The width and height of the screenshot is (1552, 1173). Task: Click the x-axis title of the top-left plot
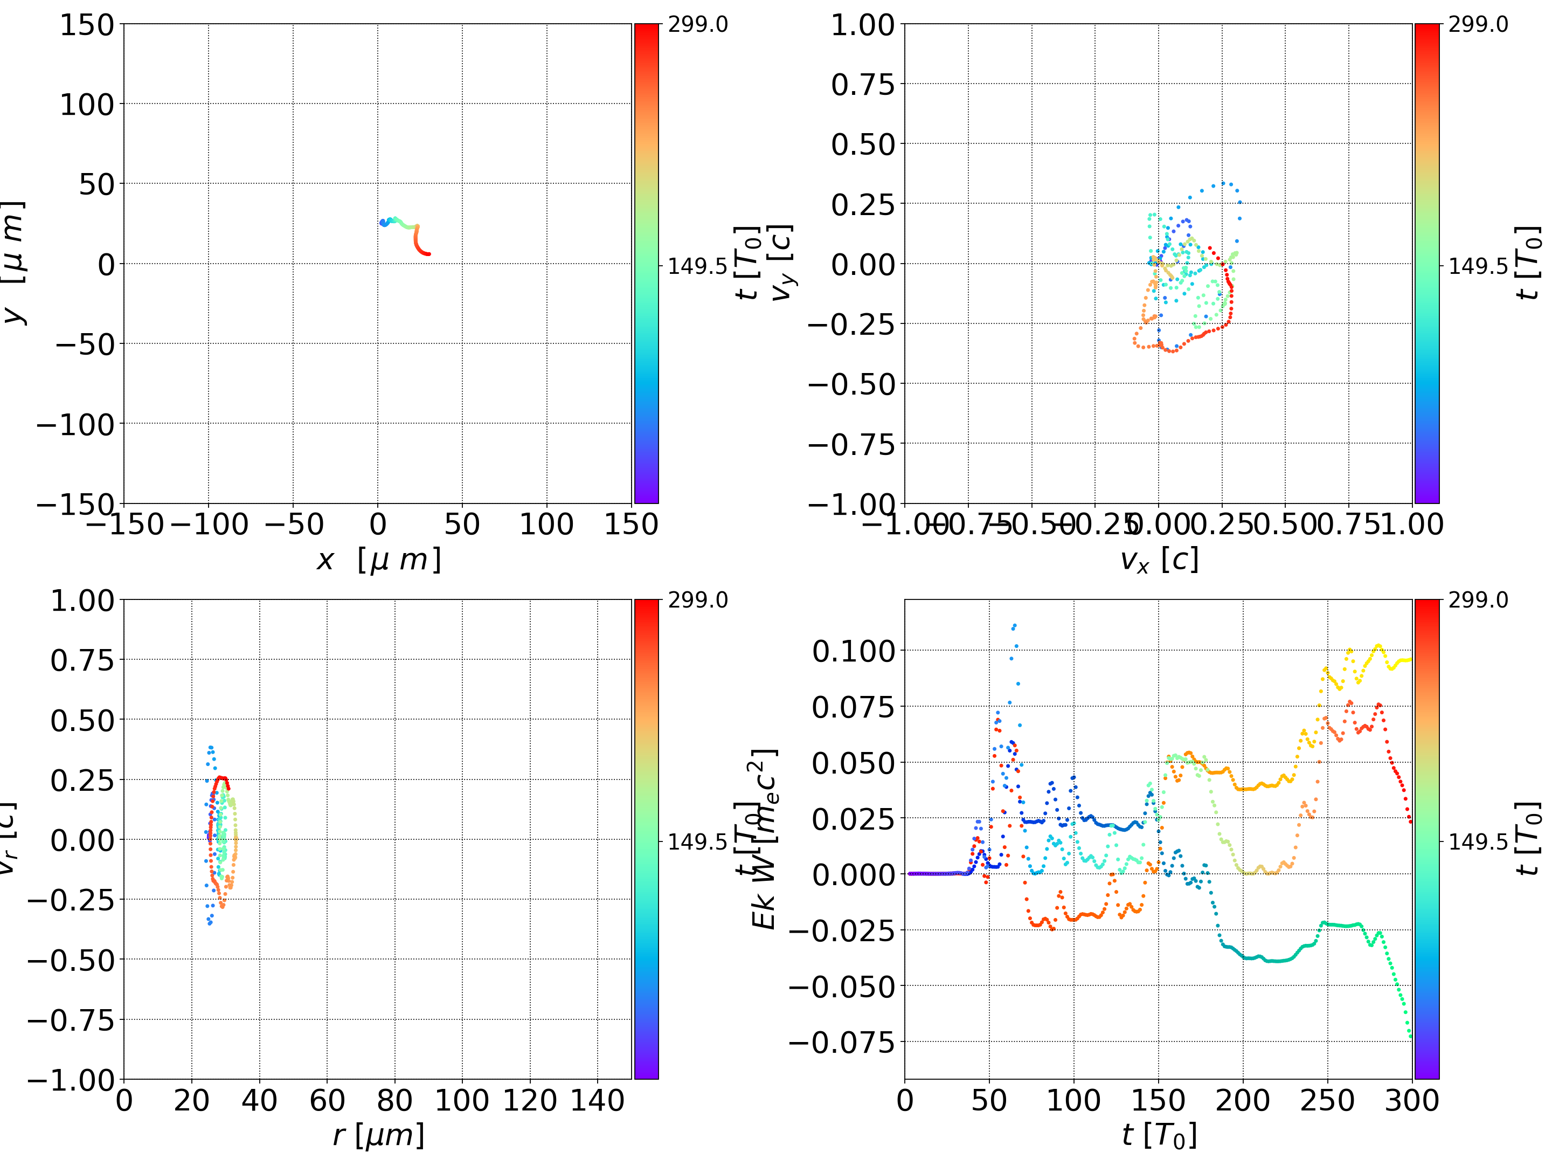[378, 560]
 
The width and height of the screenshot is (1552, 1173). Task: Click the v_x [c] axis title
[1159, 560]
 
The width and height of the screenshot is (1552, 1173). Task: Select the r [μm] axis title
[378, 1135]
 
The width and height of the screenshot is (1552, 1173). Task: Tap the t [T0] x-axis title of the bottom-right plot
[1159, 1135]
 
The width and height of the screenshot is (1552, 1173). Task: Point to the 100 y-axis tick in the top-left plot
[86, 105]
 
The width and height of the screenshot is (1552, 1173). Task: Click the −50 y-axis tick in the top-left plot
[84, 344]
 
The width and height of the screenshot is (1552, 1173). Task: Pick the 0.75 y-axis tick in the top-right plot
[863, 85]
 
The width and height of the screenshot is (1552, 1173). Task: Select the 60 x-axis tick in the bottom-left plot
[327, 1100]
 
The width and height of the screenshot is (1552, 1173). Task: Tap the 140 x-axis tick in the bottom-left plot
[597, 1100]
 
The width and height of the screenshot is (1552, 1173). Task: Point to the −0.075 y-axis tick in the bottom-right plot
[842, 1043]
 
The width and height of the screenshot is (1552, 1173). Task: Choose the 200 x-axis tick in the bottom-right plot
[1243, 1100]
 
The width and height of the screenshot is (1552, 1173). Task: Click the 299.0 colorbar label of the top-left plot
[697, 25]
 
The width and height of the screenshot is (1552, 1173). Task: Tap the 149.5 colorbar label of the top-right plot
[1478, 266]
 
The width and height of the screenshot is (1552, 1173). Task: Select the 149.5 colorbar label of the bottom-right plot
[1478, 841]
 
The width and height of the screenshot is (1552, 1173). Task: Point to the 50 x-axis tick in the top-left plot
[462, 525]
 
